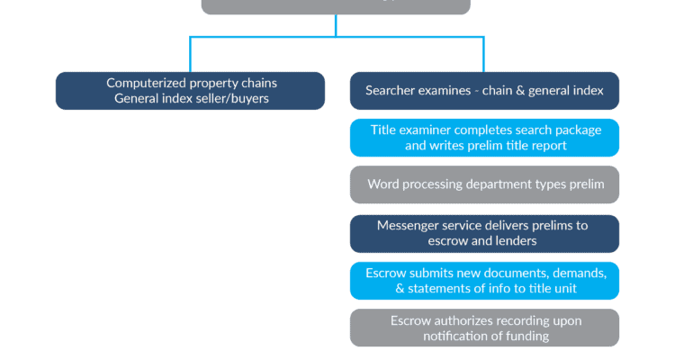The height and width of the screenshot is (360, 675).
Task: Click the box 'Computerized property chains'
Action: click(190, 91)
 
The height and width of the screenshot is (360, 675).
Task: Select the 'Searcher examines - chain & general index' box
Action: click(484, 91)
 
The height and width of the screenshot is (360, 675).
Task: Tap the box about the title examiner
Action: click(484, 138)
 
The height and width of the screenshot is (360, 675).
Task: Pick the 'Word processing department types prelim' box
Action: click(484, 184)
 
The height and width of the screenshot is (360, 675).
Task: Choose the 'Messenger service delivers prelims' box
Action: click(484, 233)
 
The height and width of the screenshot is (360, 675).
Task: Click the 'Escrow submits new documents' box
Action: click(484, 281)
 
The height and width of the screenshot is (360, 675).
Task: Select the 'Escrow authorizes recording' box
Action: click(484, 328)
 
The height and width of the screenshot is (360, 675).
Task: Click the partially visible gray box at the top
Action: click(336, 7)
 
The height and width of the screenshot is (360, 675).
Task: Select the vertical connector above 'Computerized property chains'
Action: click(190, 54)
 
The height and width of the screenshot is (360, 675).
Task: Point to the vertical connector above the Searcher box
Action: click(484, 54)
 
